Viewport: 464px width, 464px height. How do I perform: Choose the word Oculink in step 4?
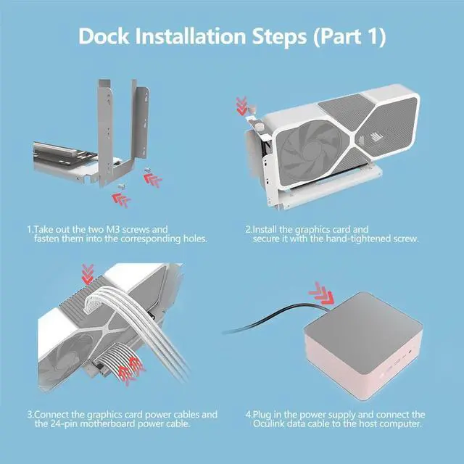point(275,424)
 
